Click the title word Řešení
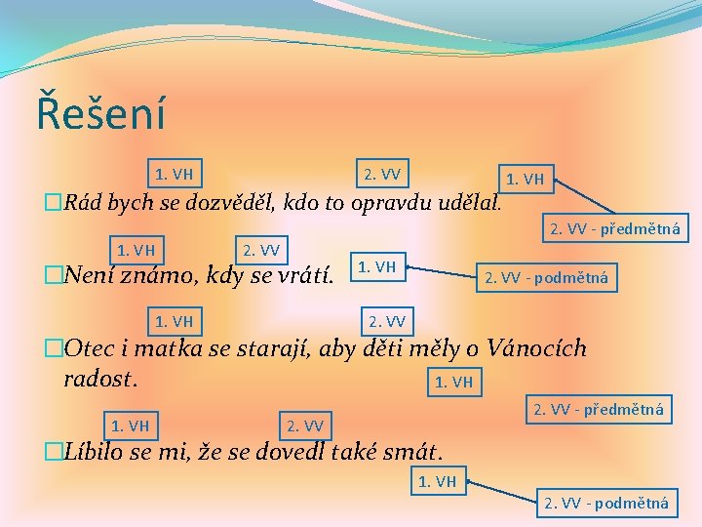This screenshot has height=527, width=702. tap(100, 111)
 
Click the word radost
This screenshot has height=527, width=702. tap(100, 377)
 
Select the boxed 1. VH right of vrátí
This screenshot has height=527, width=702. tap(377, 265)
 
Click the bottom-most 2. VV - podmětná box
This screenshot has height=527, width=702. tap(606, 503)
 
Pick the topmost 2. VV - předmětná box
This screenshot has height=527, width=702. tap(614, 230)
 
